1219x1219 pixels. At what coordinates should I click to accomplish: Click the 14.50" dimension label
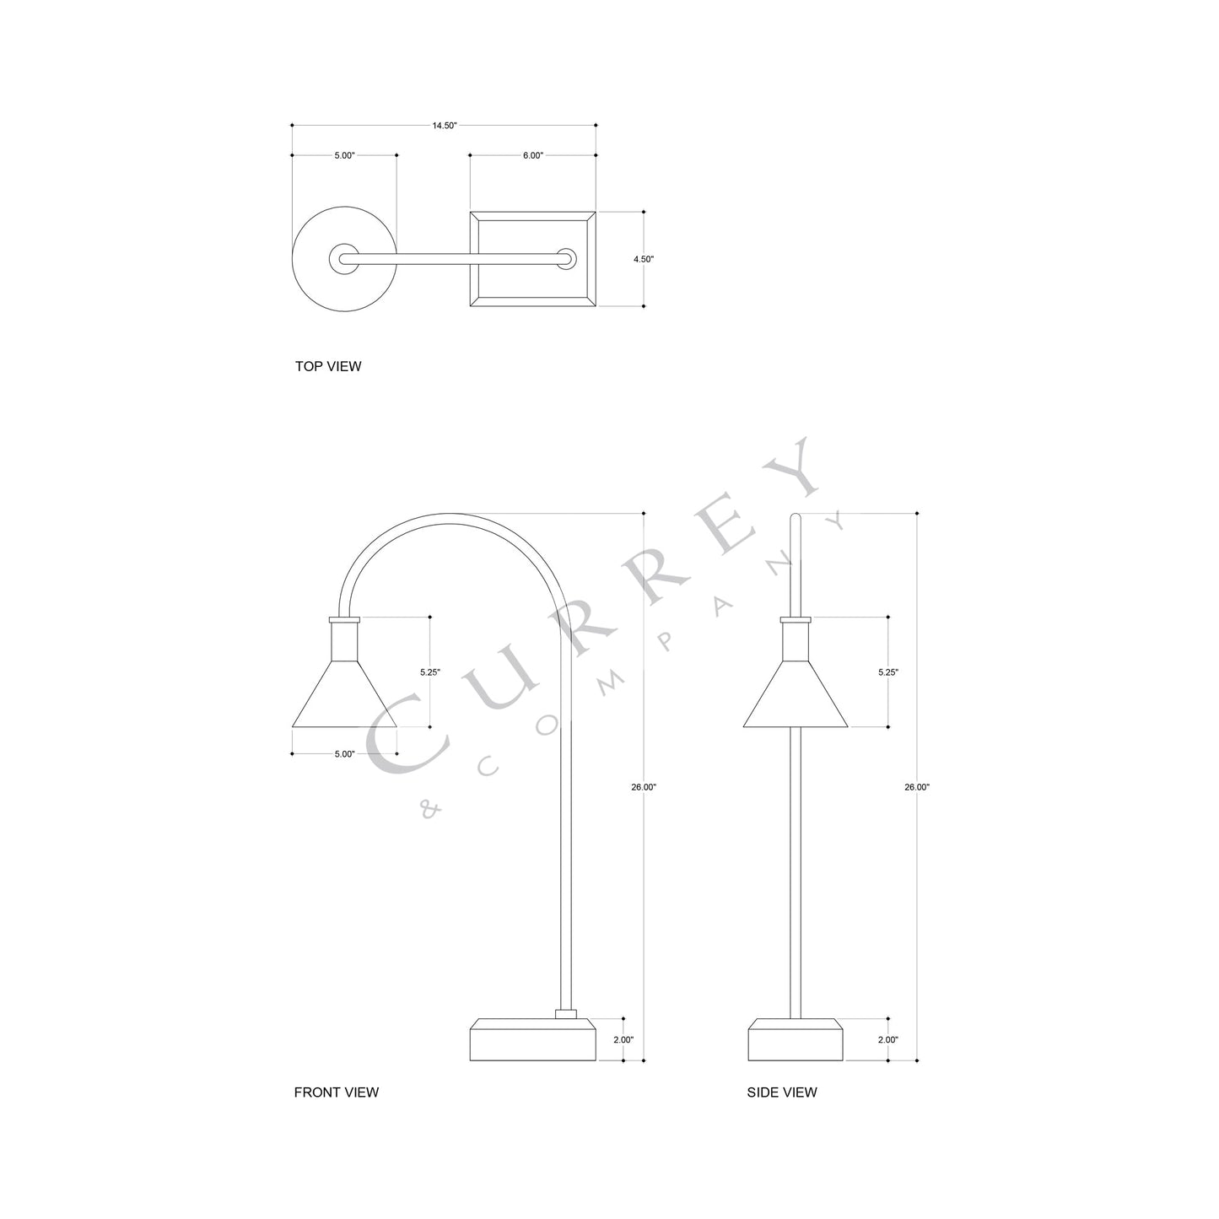coord(445,125)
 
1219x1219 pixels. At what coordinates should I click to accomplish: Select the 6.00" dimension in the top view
coord(532,155)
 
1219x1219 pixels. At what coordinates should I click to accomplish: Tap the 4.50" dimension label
coord(644,259)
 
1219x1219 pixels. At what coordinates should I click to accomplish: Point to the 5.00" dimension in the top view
coord(344,155)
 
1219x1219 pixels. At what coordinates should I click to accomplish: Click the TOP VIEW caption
coord(327,366)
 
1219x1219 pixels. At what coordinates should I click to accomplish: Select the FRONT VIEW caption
coord(336,1092)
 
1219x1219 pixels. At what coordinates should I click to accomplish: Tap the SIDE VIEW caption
coord(782,1092)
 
